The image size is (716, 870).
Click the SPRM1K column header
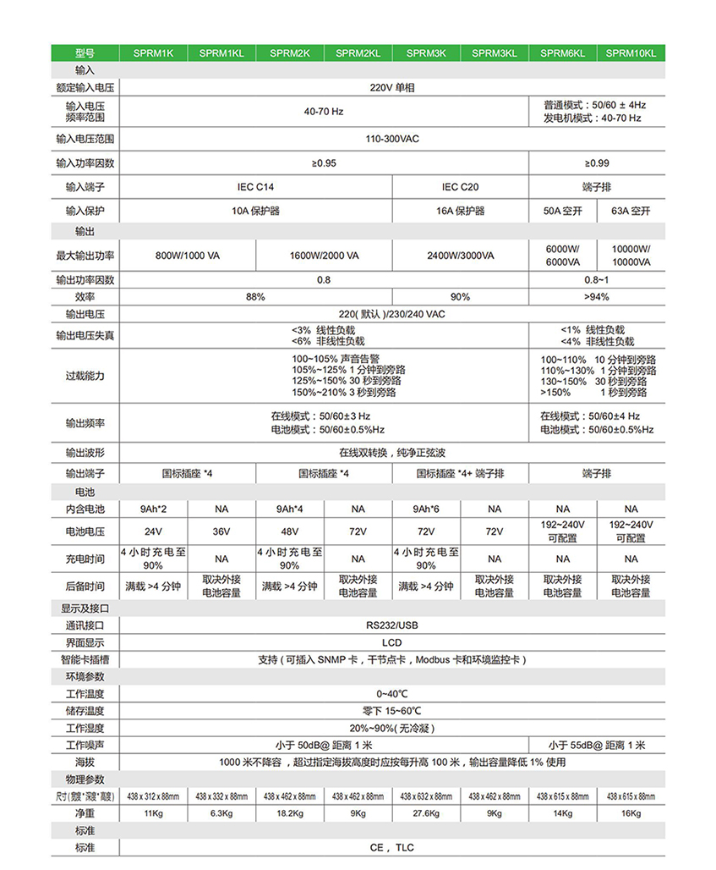(x=153, y=52)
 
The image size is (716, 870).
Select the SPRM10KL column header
(x=631, y=52)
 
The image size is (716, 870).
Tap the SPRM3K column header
(x=426, y=52)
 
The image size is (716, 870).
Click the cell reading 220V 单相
(x=391, y=87)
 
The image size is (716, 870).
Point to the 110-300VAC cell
(x=391, y=139)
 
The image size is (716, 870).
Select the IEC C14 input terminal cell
(x=255, y=186)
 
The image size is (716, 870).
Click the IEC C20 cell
(x=460, y=186)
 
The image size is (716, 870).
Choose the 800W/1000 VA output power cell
(x=187, y=255)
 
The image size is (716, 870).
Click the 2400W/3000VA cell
(x=460, y=255)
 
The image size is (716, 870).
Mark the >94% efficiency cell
(x=596, y=297)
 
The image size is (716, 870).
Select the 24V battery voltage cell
(x=153, y=531)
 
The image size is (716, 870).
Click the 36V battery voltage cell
(x=221, y=531)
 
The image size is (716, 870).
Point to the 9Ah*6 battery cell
(x=426, y=509)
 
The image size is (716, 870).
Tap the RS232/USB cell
(x=391, y=625)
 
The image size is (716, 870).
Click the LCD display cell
(x=391, y=642)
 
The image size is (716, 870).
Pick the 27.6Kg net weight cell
(x=426, y=814)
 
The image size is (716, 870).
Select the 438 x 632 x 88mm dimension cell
(x=426, y=796)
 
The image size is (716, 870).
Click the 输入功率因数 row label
(x=85, y=162)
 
